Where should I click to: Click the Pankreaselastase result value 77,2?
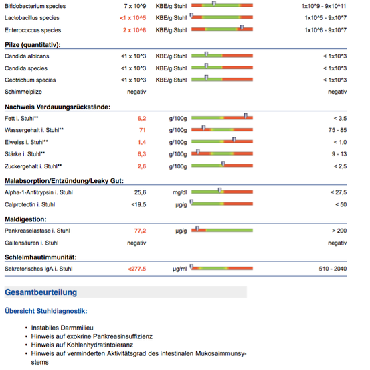140,231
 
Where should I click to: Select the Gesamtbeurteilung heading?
41,292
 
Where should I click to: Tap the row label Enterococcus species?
33,30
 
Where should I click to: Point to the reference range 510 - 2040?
333,269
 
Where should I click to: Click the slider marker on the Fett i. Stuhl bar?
246,116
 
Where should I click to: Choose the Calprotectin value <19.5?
138,204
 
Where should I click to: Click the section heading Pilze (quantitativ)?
33,45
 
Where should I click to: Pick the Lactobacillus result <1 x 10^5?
133,18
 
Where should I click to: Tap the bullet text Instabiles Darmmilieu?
62,328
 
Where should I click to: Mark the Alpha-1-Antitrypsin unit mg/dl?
179,192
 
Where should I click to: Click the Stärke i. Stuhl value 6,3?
142,154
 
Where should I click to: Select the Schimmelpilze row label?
23,92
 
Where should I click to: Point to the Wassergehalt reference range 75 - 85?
337,130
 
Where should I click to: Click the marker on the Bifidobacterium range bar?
214,3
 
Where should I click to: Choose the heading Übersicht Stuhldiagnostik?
46,311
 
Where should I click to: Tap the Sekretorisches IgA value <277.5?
137,269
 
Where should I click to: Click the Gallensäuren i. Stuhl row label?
31,243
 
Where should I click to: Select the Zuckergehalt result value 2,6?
142,166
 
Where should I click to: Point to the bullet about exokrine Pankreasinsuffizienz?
92,336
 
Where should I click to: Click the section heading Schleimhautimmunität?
41,257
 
